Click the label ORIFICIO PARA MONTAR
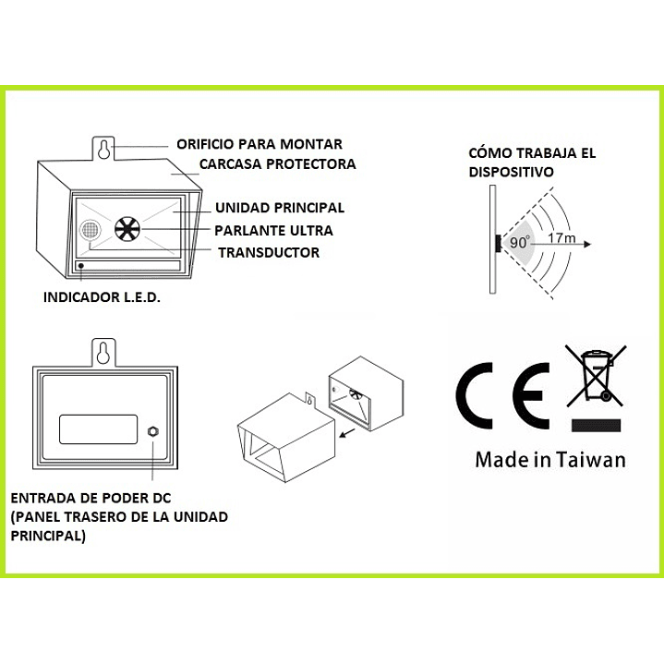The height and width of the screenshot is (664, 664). click(x=260, y=144)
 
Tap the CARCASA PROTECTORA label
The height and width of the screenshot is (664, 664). click(x=277, y=163)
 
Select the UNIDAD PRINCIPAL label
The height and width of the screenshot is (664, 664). click(x=280, y=208)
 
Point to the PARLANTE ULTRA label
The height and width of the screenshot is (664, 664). click(x=273, y=230)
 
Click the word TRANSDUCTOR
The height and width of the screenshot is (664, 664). click(x=269, y=252)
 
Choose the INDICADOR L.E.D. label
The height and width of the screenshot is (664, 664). click(x=102, y=297)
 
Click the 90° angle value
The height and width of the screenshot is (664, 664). click(x=520, y=242)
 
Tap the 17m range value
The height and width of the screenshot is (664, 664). click(x=561, y=238)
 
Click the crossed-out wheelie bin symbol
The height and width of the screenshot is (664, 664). click(x=596, y=375)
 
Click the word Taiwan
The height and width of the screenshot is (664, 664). click(x=591, y=460)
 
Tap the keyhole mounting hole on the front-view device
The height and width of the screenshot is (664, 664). click(x=103, y=150)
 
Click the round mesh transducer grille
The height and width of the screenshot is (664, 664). click(x=91, y=231)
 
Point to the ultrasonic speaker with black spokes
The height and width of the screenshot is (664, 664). click(x=127, y=229)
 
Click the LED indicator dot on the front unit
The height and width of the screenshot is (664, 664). click(x=81, y=266)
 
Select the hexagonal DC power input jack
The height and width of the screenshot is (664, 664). click(x=152, y=431)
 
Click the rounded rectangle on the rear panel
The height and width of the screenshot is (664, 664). click(x=98, y=429)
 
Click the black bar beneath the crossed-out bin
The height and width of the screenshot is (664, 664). click(x=596, y=425)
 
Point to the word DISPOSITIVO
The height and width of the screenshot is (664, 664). click(x=511, y=172)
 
